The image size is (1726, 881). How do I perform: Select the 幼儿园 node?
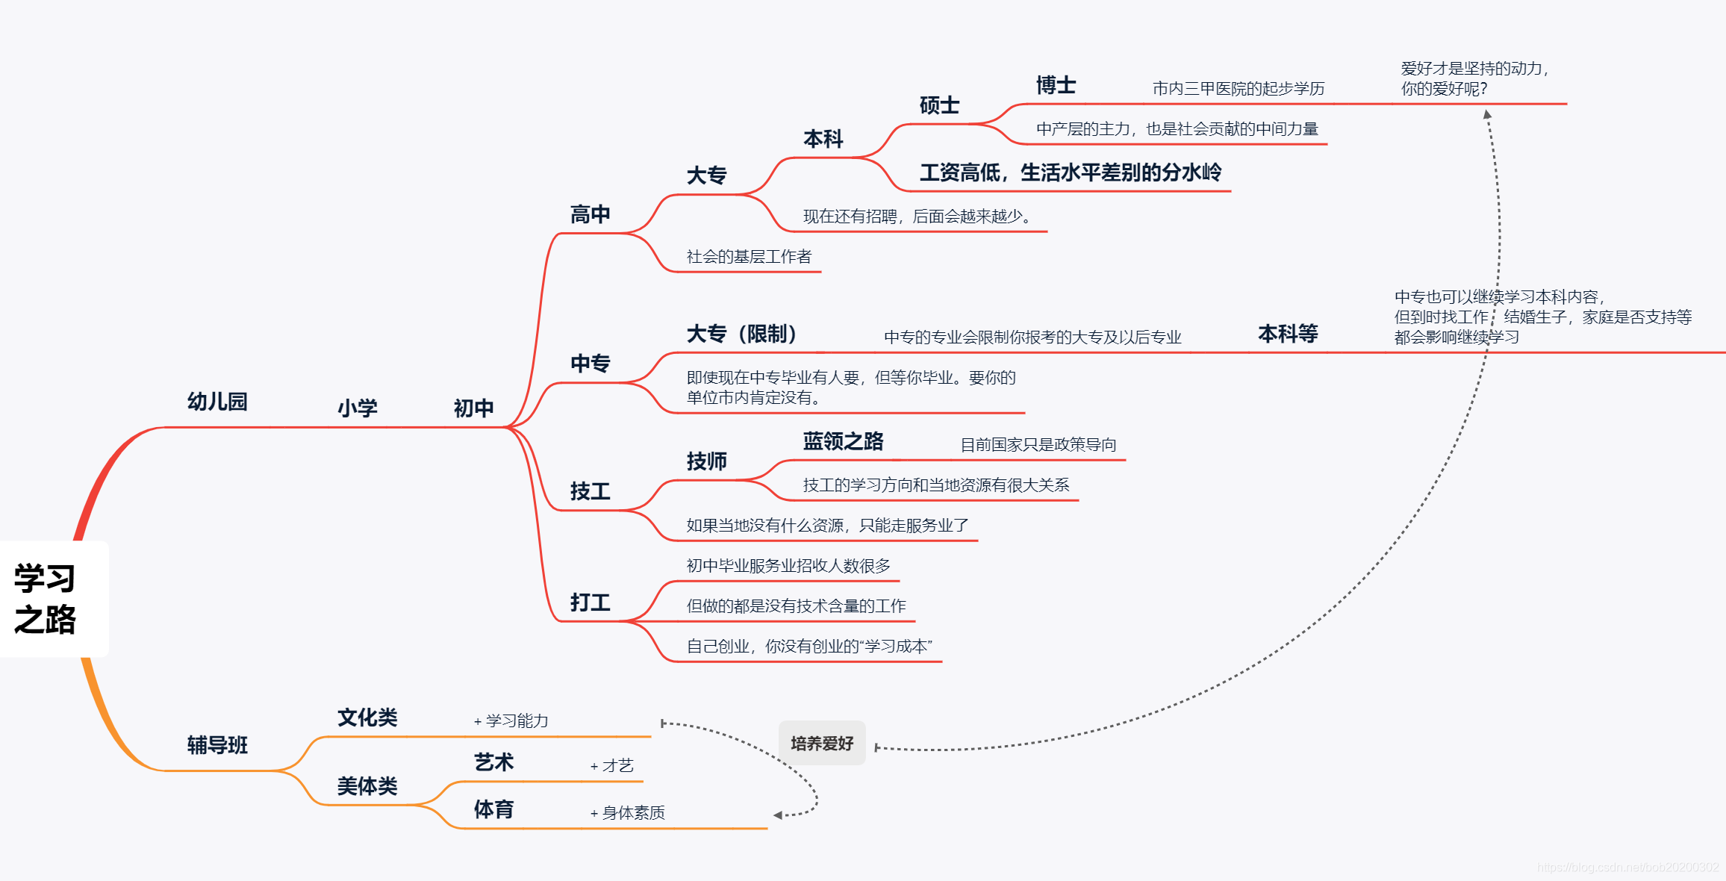click(217, 402)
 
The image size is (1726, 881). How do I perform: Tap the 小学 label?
click(358, 408)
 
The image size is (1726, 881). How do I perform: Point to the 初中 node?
click(474, 408)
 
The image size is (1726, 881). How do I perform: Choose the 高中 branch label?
click(591, 215)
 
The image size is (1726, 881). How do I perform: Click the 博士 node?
click(1056, 86)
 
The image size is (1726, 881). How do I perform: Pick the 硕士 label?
click(939, 106)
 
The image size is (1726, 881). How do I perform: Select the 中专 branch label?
click(591, 364)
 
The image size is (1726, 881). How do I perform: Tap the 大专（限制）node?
click(742, 334)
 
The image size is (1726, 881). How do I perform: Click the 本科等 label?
click(1288, 334)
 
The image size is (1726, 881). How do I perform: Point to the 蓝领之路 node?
click(843, 441)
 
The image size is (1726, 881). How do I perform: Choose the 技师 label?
click(706, 461)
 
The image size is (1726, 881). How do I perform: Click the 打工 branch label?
click(591, 603)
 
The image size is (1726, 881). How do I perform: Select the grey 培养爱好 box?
click(822, 743)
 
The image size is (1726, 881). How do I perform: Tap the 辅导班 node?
click(217, 745)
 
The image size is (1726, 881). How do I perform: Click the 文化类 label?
click(367, 717)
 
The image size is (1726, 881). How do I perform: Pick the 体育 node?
click(493, 809)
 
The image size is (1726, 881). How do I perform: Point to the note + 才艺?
click(612, 765)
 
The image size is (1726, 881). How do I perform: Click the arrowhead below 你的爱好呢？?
click(1487, 115)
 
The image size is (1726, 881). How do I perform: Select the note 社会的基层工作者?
click(749, 257)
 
